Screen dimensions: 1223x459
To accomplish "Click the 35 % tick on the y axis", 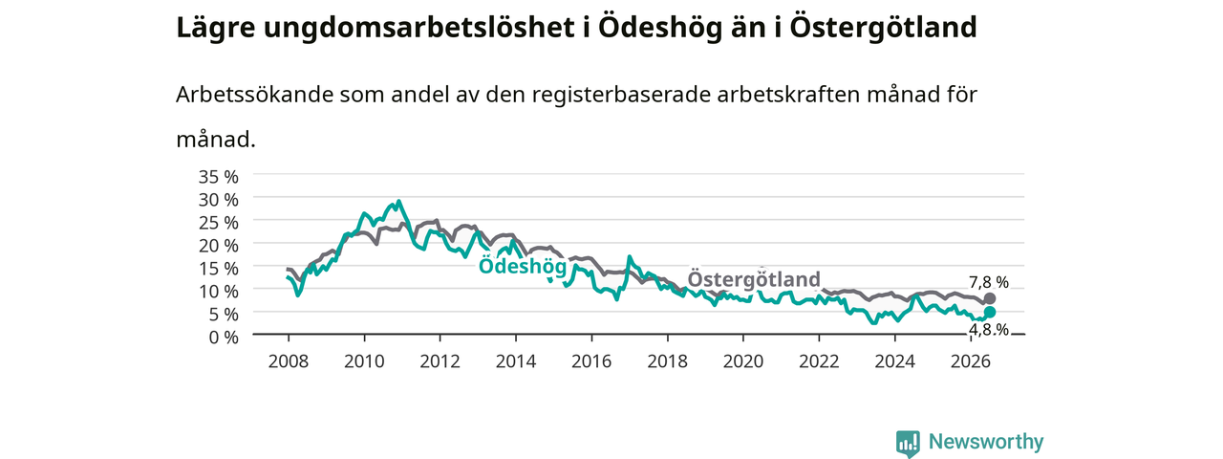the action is (x=219, y=177).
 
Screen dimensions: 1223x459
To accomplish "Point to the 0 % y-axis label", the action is (x=224, y=338).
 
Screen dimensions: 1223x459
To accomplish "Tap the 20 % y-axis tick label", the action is (x=219, y=246).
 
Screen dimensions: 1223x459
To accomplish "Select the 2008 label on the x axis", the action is (x=289, y=361).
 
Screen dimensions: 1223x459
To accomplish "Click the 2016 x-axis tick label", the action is (x=591, y=361).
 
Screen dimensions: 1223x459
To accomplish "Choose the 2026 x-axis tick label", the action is (x=970, y=361).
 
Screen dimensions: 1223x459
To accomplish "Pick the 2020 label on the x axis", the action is (x=743, y=361).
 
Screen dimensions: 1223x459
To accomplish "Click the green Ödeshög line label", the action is (x=523, y=266).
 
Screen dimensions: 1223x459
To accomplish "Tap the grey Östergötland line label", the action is (x=754, y=278).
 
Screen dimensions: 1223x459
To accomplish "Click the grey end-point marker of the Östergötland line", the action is (x=989, y=298).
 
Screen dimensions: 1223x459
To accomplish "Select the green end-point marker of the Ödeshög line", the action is (x=989, y=312).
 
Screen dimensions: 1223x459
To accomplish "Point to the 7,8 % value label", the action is (x=989, y=282).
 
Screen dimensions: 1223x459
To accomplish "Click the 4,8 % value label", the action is (x=989, y=330).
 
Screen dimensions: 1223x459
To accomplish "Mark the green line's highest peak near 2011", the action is (x=399, y=201).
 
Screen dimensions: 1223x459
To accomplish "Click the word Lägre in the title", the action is (x=216, y=29).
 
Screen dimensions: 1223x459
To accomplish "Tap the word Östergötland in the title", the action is (x=883, y=28).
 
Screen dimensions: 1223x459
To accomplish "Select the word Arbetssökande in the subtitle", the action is (x=254, y=95).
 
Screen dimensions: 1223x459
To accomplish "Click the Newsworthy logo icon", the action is (x=908, y=443).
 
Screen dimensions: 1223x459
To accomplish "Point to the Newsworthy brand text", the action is (x=986, y=441).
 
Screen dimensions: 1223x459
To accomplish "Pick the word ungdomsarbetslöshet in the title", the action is (x=418, y=29).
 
